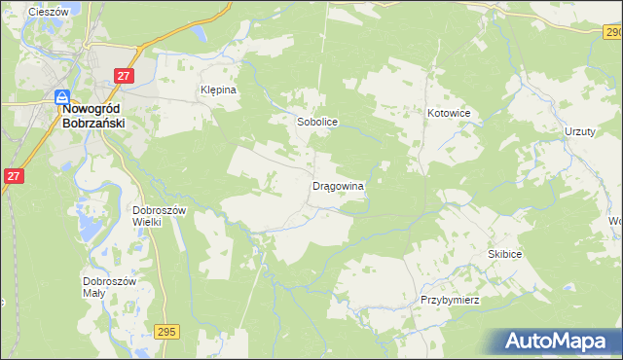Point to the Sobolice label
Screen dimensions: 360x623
coord(316,123)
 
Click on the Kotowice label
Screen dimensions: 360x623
coord(449,113)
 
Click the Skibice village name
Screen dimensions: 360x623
coord(505,253)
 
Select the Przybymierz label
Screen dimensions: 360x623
coord(451,300)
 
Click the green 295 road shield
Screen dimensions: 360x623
coord(166,332)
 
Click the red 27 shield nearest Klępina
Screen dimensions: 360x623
coord(124,76)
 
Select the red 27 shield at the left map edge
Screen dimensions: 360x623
coord(13,176)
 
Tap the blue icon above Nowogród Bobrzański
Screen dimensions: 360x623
coord(61,96)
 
